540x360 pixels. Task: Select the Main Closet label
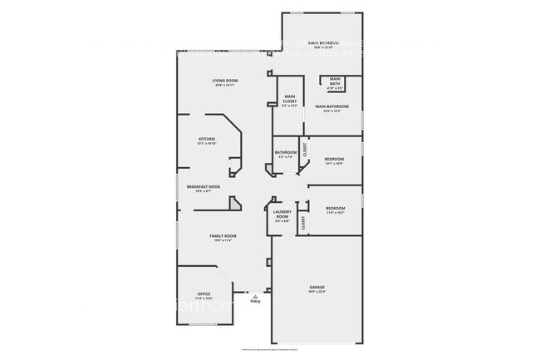click(290, 99)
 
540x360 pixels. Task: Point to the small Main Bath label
click(335, 81)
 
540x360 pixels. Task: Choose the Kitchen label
click(207, 139)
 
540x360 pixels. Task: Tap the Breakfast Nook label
click(203, 187)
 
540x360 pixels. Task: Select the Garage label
click(317, 287)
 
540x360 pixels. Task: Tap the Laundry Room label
click(282, 215)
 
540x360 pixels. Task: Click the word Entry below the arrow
click(255, 301)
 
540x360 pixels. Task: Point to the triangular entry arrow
click(255, 294)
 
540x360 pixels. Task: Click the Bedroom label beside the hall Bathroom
click(333, 158)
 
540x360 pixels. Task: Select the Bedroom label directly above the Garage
click(335, 207)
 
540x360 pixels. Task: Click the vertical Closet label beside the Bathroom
click(305, 150)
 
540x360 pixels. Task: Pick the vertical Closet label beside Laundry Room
click(303, 222)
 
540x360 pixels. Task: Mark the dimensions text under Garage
click(317, 292)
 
